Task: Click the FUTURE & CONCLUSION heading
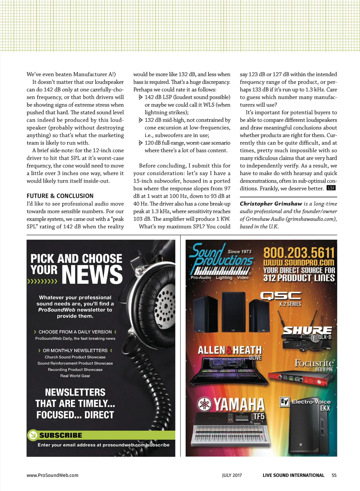(60, 196)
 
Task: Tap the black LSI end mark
(331, 188)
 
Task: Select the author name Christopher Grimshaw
(271, 204)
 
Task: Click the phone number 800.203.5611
(299, 253)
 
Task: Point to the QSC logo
(281, 296)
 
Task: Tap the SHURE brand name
(307, 330)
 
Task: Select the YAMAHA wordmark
(239, 405)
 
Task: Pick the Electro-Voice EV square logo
(284, 401)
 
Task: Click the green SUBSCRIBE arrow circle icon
(33, 435)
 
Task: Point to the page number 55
(334, 475)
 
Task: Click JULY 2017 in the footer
(232, 475)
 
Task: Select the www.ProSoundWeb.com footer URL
(52, 475)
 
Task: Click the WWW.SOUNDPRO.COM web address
(299, 263)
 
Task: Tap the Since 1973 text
(239, 251)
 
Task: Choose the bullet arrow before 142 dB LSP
(141, 97)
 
